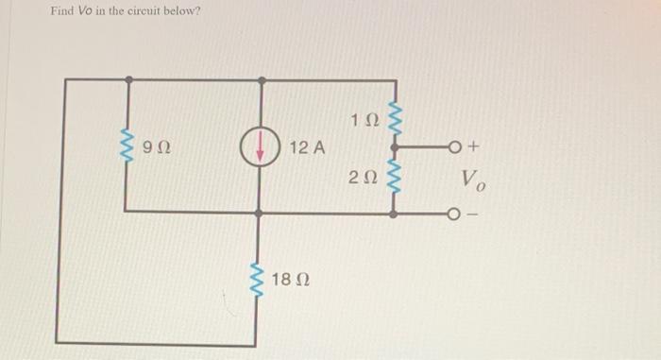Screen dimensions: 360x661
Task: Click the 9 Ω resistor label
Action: pyautogui.click(x=157, y=147)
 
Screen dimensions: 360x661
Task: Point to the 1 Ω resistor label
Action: pyautogui.click(x=363, y=121)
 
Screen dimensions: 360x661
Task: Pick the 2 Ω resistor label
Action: pyautogui.click(x=363, y=177)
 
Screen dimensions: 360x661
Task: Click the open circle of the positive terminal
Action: pyautogui.click(x=458, y=147)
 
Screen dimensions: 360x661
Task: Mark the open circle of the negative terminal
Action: pyautogui.click(x=458, y=214)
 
